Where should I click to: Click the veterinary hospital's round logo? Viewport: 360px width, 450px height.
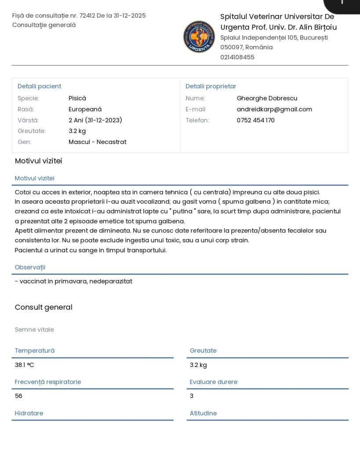tap(199, 36)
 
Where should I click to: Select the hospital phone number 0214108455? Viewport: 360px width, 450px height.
tap(237, 57)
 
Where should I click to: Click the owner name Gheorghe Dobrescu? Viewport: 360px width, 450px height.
tap(267, 98)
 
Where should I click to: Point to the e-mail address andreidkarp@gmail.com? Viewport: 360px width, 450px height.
tap(274, 109)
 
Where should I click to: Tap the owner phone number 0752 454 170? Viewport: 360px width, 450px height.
tap(255, 120)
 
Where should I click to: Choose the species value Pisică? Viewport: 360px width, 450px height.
tap(77, 98)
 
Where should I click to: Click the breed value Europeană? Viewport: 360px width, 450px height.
tap(85, 109)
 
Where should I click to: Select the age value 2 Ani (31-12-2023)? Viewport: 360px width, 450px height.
tap(95, 120)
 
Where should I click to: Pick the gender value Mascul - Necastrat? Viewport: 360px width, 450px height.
tap(98, 142)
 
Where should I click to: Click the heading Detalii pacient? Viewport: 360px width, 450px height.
tap(39, 87)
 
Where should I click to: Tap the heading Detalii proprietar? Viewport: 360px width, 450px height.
tap(211, 87)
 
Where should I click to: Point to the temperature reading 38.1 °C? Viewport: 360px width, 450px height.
tap(24, 365)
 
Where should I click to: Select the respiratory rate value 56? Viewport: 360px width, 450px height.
tap(18, 396)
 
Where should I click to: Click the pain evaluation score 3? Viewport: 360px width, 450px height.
tap(192, 396)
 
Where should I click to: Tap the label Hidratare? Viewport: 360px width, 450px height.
tap(29, 414)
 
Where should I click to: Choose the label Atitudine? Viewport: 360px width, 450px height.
tap(203, 414)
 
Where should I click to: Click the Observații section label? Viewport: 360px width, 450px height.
tap(30, 267)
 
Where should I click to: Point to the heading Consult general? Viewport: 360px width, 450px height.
tap(44, 307)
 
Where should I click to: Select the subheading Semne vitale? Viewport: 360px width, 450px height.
tap(34, 330)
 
